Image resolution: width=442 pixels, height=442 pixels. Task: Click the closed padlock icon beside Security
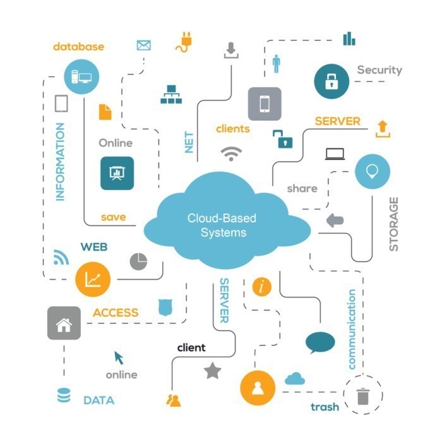(331, 81)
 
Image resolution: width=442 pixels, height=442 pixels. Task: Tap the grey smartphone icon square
(264, 104)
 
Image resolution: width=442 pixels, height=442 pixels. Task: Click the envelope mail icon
(144, 45)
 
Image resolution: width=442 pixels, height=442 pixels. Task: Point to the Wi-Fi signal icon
(232, 153)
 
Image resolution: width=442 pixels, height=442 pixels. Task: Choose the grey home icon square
(64, 323)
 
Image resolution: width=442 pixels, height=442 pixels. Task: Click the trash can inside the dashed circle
(362, 396)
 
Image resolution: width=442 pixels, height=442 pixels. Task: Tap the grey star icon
(212, 371)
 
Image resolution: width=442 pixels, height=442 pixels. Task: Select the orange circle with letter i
(261, 287)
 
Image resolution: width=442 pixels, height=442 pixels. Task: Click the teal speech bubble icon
(320, 343)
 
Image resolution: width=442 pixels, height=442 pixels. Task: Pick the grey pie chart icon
(138, 261)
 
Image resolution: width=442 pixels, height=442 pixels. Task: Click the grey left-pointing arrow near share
(335, 220)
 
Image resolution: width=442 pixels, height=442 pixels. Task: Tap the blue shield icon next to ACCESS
(165, 308)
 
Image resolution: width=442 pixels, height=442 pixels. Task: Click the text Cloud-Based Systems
(222, 225)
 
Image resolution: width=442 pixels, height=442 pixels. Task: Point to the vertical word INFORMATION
(61, 162)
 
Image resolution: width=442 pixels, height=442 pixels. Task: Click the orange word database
(78, 47)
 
